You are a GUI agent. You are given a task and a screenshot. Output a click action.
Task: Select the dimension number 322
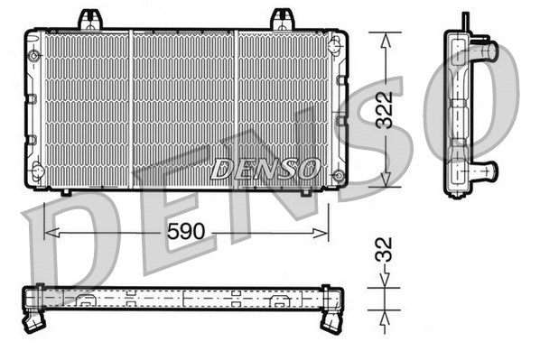386,109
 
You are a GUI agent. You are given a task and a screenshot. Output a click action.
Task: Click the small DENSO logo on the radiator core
265,168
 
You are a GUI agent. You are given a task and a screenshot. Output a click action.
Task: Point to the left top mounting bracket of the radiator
88,18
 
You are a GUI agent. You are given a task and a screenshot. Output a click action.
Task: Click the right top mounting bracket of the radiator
282,18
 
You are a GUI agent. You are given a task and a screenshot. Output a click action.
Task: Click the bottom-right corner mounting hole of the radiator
338,174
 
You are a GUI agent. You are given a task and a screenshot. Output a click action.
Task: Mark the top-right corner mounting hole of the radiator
336,40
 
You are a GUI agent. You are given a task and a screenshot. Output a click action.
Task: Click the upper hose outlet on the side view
485,51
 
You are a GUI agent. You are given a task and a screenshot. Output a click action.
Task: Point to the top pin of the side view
465,21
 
